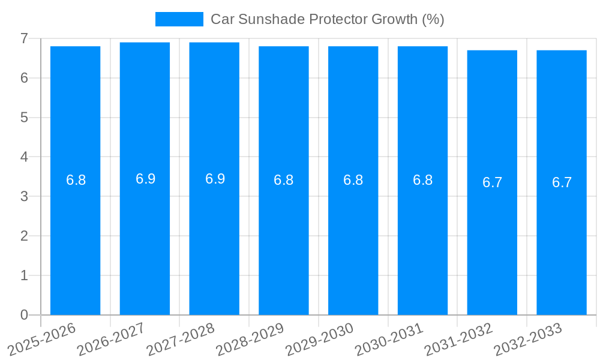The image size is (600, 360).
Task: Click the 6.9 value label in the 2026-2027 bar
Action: tap(145, 179)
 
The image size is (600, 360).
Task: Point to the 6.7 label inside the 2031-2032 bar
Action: tap(492, 182)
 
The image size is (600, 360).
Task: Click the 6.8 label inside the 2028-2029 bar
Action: tap(283, 180)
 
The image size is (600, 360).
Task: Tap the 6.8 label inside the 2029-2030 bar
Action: tap(353, 180)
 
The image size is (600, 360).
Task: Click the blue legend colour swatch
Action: tap(179, 19)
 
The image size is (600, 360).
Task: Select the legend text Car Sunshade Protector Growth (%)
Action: tap(327, 19)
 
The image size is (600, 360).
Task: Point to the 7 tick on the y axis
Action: tap(24, 38)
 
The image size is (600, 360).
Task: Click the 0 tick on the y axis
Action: tap(24, 315)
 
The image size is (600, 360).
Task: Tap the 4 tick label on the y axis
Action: tap(24, 157)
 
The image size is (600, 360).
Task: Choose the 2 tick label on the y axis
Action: tap(24, 236)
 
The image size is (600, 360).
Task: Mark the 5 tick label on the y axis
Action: tap(24, 118)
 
